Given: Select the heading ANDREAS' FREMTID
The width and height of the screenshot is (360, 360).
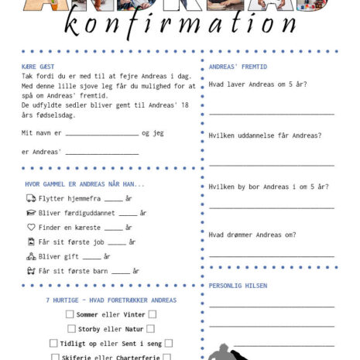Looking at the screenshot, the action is point(238,67).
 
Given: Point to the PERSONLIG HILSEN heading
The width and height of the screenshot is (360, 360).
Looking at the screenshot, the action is point(238,286).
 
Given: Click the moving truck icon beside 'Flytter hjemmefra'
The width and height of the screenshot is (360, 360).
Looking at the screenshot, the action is point(31,199).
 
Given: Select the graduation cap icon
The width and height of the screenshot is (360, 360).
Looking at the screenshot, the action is point(31,213).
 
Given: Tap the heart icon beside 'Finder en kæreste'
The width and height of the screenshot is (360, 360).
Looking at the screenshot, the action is point(31,228).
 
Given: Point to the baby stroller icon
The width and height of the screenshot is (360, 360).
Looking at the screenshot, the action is point(31,271).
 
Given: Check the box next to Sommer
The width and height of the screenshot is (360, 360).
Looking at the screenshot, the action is point(70,314).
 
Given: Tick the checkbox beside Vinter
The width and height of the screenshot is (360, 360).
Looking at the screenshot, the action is point(152,314).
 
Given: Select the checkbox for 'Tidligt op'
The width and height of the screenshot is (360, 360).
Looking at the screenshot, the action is point(53,343).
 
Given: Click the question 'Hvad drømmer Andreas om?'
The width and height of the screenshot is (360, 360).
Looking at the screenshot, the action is point(252,235).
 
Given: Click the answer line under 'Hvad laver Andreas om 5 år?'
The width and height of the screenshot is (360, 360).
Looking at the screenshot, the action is point(271,114).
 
